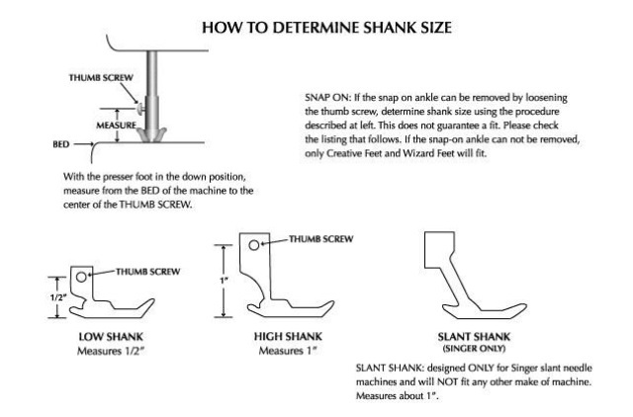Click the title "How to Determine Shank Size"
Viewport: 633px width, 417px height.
point(326,28)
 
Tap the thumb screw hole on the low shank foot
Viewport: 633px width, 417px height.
point(81,277)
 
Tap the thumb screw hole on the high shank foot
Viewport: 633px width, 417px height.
point(253,245)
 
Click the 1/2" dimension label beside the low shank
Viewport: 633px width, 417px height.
point(57,297)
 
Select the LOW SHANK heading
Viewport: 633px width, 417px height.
point(111,337)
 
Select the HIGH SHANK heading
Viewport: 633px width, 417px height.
point(288,336)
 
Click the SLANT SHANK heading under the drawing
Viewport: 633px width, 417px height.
point(474,337)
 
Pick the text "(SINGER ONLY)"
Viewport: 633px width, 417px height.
point(474,349)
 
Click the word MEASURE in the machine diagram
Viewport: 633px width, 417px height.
point(117,125)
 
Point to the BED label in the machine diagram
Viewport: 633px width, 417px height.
point(61,144)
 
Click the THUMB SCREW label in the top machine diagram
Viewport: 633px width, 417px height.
point(101,78)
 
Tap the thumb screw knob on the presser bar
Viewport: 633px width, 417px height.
point(140,109)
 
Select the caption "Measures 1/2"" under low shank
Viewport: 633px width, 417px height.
point(111,351)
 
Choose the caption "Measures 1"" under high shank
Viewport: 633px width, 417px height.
point(288,351)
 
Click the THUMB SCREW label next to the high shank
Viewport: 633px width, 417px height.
point(320,239)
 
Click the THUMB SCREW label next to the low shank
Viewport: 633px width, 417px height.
point(147,272)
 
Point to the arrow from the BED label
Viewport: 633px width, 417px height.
point(84,144)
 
